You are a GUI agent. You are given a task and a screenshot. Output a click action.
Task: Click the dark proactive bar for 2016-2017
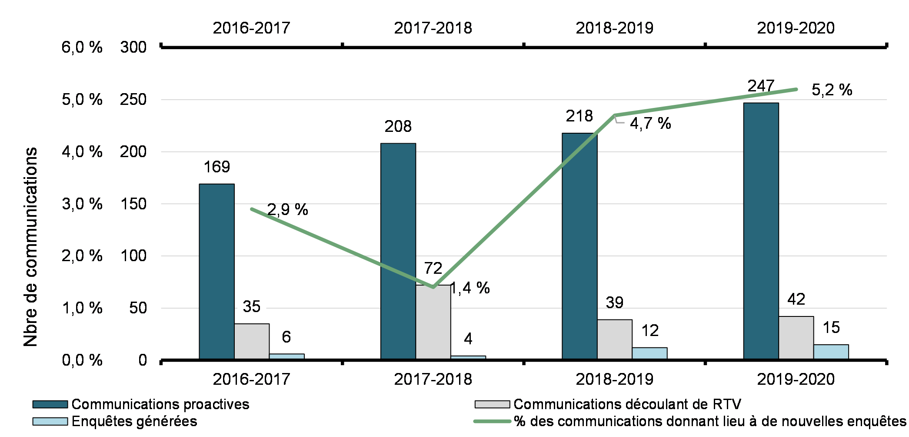216,272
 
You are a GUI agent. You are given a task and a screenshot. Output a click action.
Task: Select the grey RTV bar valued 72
433,322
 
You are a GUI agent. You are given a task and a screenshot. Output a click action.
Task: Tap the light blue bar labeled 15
831,352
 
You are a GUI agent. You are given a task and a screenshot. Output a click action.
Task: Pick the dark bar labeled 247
761,231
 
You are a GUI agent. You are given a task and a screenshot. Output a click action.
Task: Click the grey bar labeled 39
614,340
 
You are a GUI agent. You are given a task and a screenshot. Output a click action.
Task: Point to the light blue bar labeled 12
649,353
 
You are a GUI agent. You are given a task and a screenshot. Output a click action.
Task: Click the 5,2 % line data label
832,90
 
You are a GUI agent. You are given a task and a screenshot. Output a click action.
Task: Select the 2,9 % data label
287,210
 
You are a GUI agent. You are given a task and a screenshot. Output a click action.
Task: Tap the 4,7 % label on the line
650,124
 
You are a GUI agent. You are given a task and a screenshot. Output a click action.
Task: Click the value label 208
398,127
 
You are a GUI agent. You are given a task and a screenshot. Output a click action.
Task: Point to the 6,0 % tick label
82,47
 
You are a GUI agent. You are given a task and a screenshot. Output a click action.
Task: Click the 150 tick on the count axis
133,204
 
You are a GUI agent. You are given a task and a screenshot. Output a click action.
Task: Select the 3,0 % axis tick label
82,204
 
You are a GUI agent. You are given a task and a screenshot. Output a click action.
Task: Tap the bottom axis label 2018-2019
614,379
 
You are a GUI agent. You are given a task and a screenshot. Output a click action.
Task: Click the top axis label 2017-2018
433,28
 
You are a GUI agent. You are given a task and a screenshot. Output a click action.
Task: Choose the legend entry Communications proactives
160,404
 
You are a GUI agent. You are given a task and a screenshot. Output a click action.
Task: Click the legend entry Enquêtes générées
134,421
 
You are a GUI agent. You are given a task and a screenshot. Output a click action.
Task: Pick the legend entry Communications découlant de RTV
627,404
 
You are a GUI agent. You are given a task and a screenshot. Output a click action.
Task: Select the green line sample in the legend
492,421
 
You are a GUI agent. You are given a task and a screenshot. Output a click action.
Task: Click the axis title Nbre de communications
31,247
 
